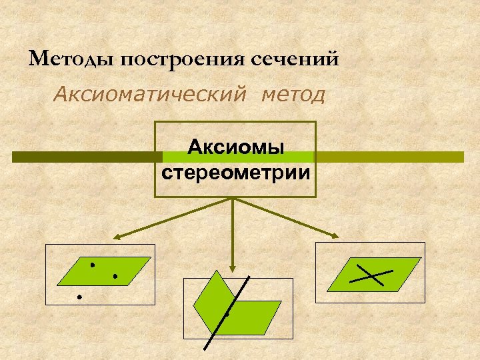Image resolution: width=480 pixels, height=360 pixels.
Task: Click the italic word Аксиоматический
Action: point(152,95)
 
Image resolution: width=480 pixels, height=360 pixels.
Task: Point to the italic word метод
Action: point(294,95)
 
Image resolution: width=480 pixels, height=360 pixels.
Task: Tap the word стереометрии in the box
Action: point(235,173)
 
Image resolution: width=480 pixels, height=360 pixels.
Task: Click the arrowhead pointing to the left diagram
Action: point(116,236)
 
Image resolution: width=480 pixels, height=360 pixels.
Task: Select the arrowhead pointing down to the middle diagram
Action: point(232,265)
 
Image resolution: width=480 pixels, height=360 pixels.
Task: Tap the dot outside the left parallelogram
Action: point(79,295)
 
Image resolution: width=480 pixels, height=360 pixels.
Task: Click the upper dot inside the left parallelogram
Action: point(93,265)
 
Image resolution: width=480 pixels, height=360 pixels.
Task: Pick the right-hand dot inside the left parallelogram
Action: point(115,275)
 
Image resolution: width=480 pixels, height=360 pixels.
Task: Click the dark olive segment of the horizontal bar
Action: point(87,157)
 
